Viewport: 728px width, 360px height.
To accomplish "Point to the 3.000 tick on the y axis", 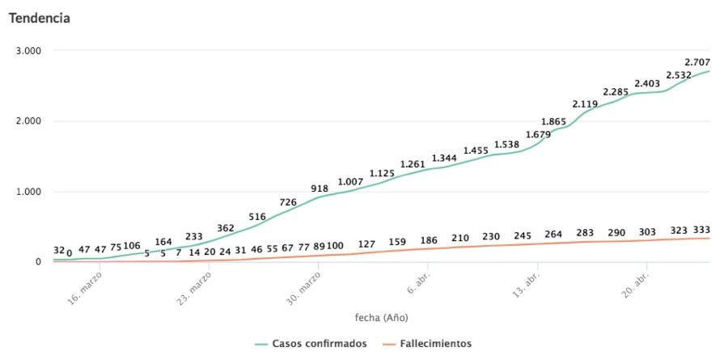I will pos(29,51).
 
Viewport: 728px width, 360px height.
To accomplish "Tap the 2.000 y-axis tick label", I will pos(29,121).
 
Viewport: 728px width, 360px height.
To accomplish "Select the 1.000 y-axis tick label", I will pos(29,192).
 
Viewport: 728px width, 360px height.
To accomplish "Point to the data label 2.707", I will pos(697,62).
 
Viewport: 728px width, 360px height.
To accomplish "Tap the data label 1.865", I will pos(553,122).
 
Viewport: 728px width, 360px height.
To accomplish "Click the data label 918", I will pos(320,188).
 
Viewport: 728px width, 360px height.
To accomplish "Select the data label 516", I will pos(257,217).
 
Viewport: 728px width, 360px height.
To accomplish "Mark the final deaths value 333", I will pos(702,230).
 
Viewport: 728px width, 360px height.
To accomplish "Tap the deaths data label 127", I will pos(367,244).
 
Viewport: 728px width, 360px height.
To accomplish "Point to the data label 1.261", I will pos(413,165).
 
